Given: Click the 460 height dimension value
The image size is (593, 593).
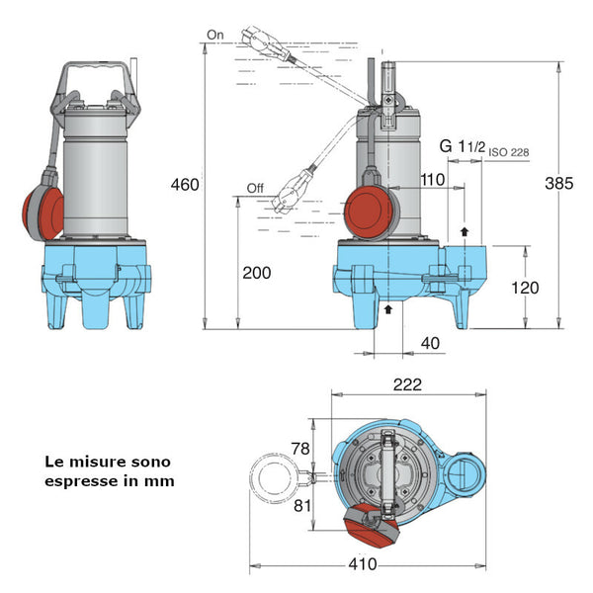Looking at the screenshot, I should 185,185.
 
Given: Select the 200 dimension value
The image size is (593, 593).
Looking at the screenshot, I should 256,273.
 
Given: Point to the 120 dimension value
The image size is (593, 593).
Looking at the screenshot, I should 527,288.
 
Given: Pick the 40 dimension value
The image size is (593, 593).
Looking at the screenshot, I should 430,343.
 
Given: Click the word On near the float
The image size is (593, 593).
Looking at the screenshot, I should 216,35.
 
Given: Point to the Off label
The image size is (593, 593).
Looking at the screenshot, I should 256,188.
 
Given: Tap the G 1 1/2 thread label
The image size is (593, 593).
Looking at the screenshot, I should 463,146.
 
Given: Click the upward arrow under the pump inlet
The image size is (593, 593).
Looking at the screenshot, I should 388,309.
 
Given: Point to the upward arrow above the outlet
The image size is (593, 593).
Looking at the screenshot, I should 465,230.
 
